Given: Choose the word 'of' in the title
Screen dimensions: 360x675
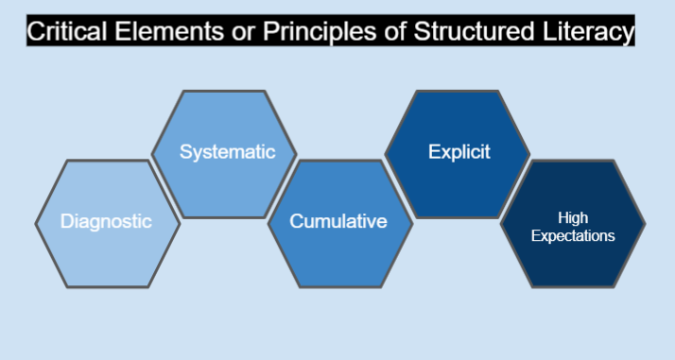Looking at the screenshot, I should (x=386, y=32).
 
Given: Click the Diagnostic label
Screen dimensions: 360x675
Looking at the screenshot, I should (x=106, y=222).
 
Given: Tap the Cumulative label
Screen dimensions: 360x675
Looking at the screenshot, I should (x=338, y=222).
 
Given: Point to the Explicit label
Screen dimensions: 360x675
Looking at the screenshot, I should (x=459, y=152).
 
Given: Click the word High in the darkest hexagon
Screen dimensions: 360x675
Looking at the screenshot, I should (x=573, y=217).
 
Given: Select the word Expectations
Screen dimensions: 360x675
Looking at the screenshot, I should (x=573, y=235).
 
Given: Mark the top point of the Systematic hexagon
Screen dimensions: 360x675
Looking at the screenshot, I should (x=224, y=91).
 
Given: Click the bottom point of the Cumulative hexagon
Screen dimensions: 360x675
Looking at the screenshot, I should (x=339, y=287).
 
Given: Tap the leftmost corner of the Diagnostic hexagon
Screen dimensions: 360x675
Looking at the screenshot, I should (x=36, y=224).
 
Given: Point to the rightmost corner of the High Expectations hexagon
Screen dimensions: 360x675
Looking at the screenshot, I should (x=646, y=224).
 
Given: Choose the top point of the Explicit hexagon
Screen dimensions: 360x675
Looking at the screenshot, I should (x=457, y=91).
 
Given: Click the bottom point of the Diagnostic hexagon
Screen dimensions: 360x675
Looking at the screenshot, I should (x=108, y=287).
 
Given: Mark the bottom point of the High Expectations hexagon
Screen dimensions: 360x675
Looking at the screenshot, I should (x=573, y=287).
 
